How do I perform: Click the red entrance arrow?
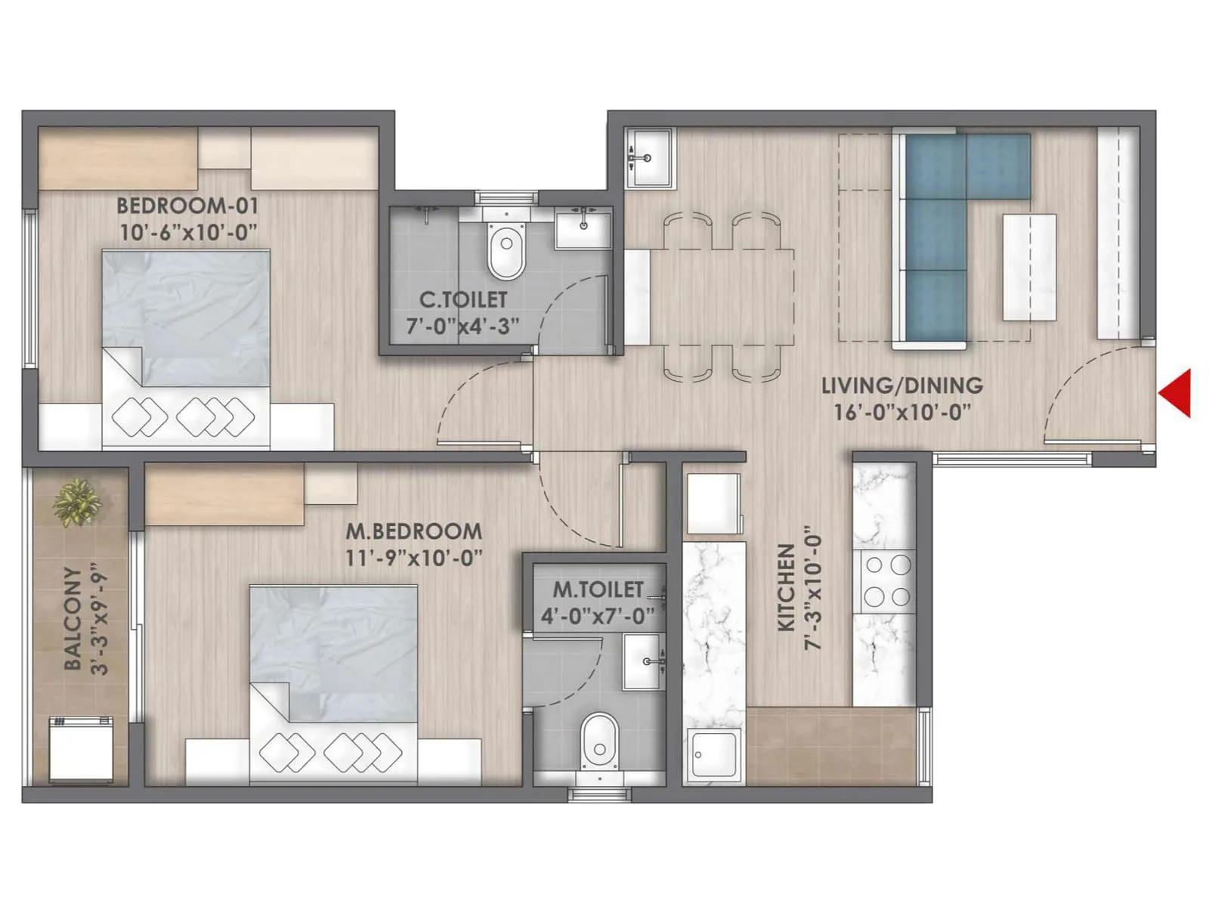(x=1177, y=393)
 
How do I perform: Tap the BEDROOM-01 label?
(x=187, y=206)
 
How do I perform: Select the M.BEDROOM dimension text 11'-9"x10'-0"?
(x=414, y=558)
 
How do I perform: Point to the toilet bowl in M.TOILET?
(x=600, y=744)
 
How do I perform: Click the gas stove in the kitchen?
(x=887, y=580)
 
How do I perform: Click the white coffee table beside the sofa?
(x=1029, y=267)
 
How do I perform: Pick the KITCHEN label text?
(x=787, y=588)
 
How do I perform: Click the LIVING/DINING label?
(x=902, y=385)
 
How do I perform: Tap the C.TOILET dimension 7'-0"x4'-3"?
(x=462, y=327)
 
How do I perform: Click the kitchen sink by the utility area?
(x=714, y=756)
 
